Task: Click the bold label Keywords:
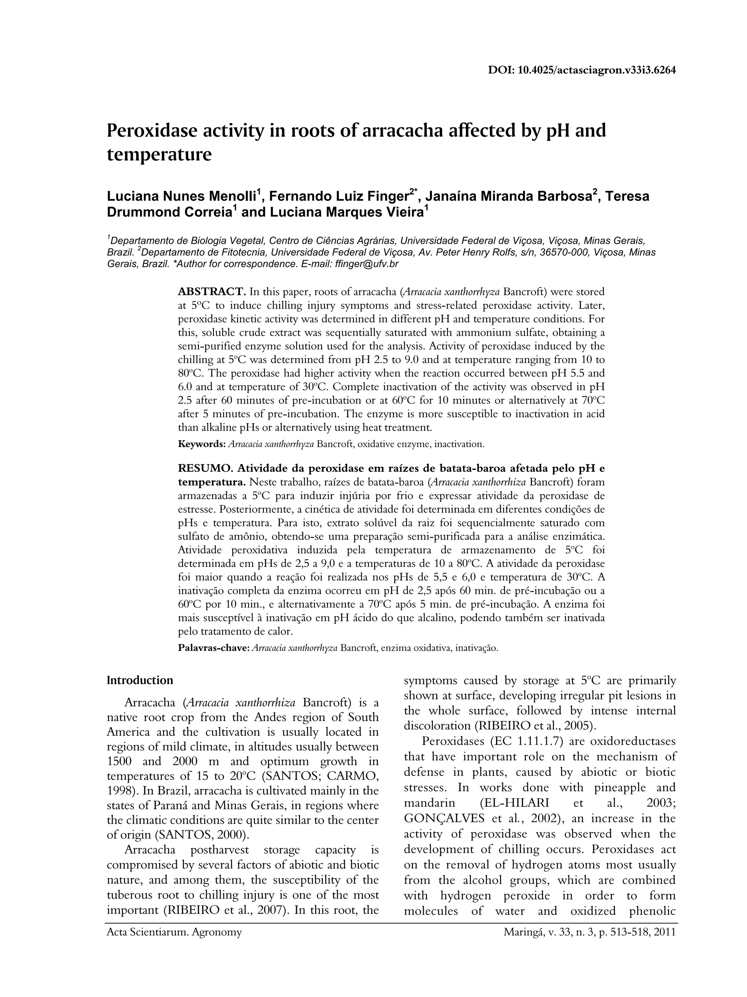point(201,444)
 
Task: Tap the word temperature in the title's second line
point(159,155)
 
